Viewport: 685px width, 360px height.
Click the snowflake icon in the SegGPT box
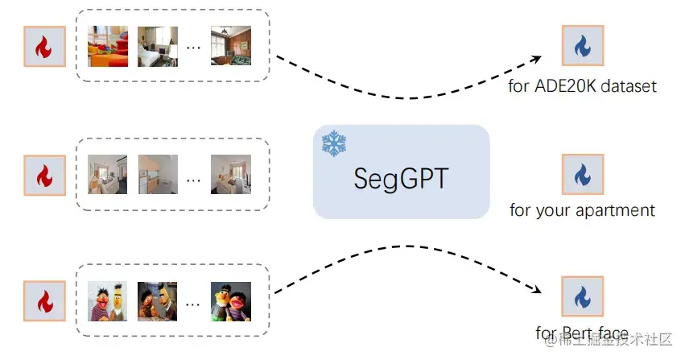332,143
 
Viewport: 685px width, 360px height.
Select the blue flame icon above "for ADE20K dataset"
582,47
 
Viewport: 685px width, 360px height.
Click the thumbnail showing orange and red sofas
108,47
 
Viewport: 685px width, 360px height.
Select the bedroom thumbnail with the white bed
157,47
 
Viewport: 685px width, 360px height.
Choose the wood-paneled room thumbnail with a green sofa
231,47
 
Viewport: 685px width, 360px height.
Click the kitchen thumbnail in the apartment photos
158,173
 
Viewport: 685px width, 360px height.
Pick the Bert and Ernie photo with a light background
108,300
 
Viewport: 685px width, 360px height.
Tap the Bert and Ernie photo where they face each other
157,300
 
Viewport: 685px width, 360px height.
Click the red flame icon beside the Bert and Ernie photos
44,300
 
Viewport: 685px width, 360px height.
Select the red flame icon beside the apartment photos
44,174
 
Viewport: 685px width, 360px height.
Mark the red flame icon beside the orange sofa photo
44,48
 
